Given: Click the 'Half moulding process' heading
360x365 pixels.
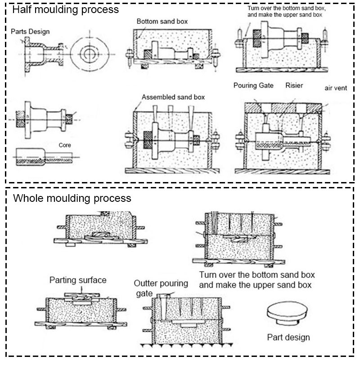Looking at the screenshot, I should [66, 9].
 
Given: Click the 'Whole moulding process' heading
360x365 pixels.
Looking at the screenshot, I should [72, 198].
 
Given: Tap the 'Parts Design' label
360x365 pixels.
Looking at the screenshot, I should [30, 31].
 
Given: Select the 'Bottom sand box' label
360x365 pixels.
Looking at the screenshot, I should [162, 21].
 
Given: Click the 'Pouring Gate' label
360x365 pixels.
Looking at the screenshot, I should [253, 85].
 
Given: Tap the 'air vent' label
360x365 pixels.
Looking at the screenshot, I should [336, 88].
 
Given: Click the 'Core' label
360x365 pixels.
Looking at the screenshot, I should [65, 145].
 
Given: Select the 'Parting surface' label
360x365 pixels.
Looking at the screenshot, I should [77, 280].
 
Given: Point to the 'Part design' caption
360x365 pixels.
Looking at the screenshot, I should [288, 337].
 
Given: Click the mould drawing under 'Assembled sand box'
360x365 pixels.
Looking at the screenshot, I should [173, 139].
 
